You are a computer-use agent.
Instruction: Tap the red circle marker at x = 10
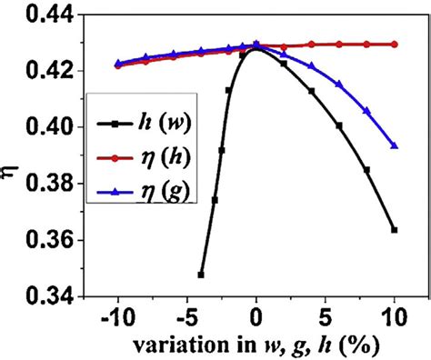click(x=395, y=44)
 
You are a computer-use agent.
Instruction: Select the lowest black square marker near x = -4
click(x=200, y=274)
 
